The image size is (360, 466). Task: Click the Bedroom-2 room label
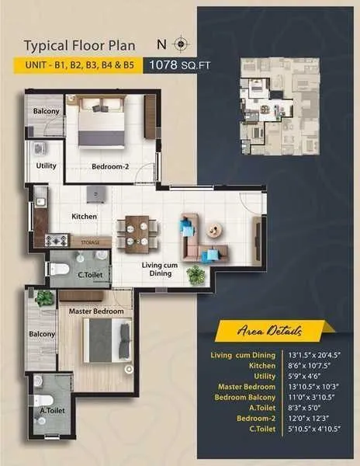111,166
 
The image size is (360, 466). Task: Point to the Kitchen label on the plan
84,217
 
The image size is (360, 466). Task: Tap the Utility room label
46,166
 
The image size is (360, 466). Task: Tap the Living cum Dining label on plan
161,270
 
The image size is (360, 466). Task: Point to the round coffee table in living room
213,229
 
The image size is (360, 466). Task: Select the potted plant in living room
196,274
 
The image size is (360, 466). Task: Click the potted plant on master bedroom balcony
44,297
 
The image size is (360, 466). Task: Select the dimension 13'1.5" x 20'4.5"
311,355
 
